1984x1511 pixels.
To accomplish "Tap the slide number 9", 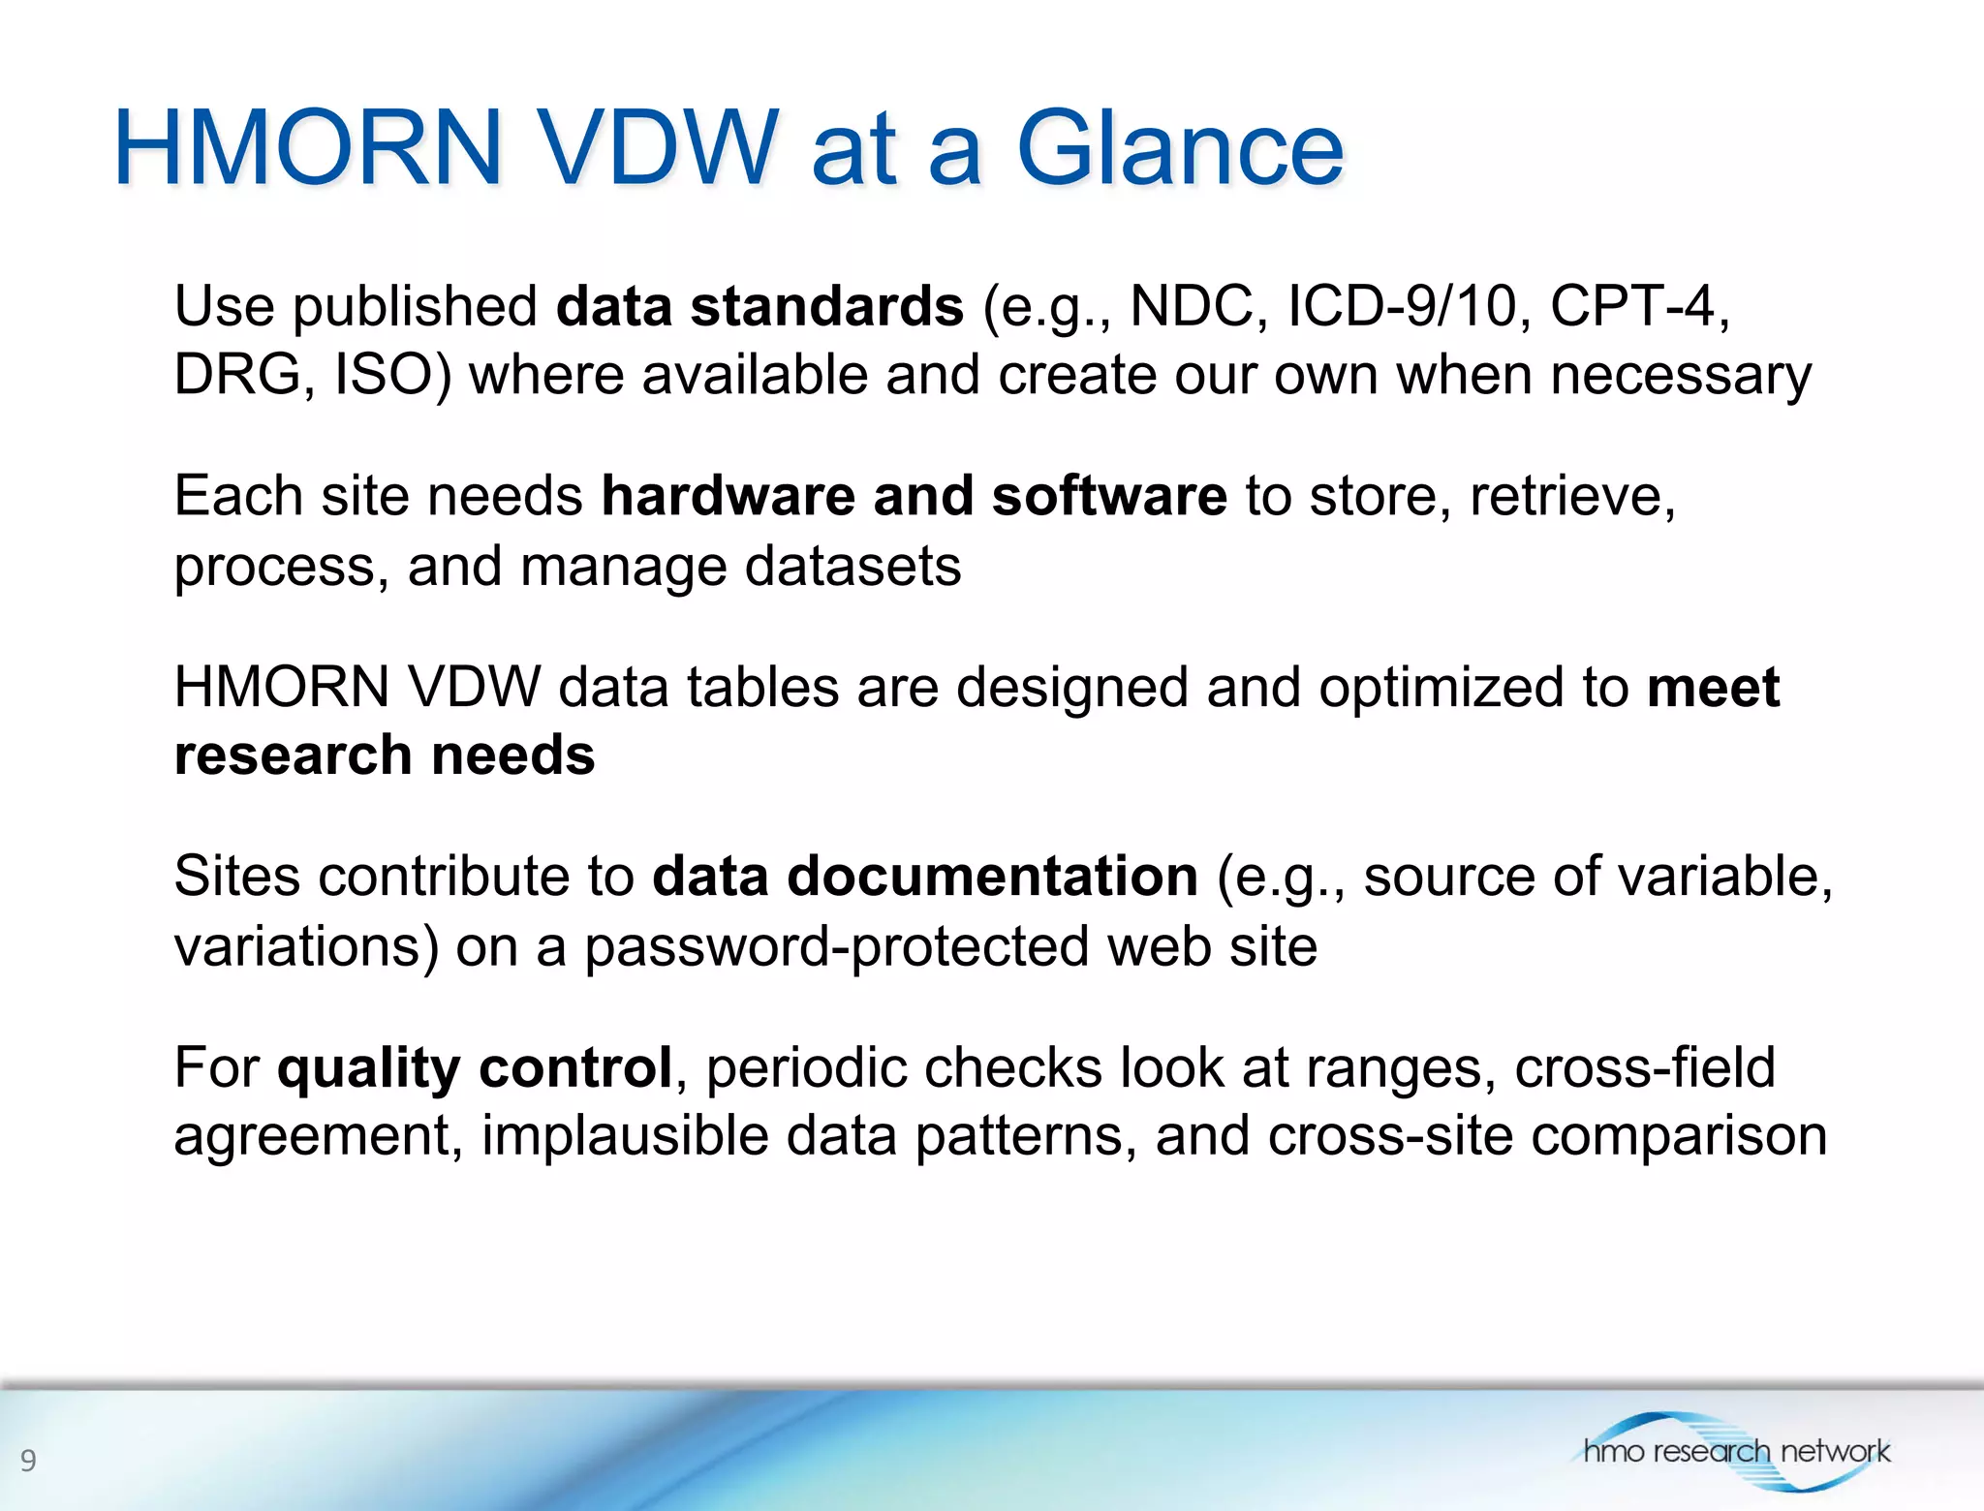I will click(28, 1460).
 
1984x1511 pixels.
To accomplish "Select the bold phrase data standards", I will click(759, 306).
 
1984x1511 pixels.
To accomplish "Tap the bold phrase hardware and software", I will click(914, 496).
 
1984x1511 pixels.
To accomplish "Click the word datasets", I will click(852, 566).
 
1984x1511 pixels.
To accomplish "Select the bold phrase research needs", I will click(385, 755).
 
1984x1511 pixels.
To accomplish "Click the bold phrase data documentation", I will click(925, 877).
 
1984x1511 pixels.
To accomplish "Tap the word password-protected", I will click(836, 946).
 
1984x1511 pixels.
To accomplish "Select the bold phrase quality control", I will click(475, 1067).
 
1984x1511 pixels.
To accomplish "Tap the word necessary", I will click(1680, 375).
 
